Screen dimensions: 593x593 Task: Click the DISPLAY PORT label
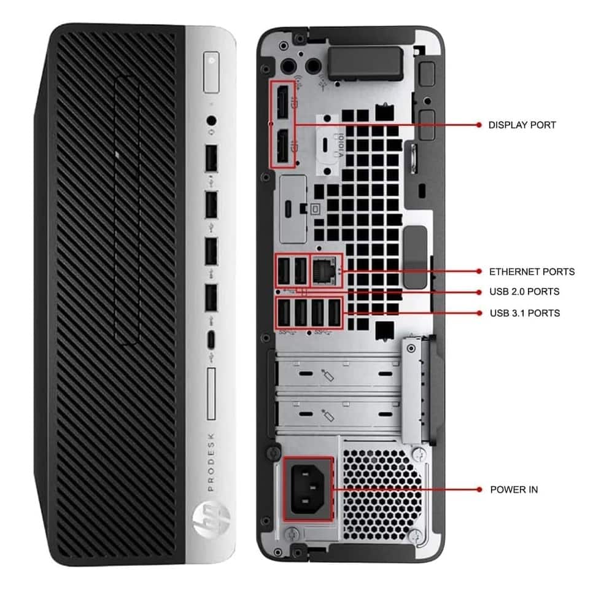click(522, 125)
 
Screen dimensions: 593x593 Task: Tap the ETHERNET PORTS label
click(532, 271)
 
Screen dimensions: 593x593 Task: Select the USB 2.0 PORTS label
click(524, 292)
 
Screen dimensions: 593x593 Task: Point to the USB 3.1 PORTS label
click(524, 313)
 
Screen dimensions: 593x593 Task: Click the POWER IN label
click(514, 490)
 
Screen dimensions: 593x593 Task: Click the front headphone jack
click(212, 121)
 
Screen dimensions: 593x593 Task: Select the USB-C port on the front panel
click(211, 338)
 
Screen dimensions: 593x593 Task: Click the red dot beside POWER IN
click(479, 490)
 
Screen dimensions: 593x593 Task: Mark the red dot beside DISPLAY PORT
click(479, 125)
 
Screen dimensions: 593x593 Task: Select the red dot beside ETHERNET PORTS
click(479, 271)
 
